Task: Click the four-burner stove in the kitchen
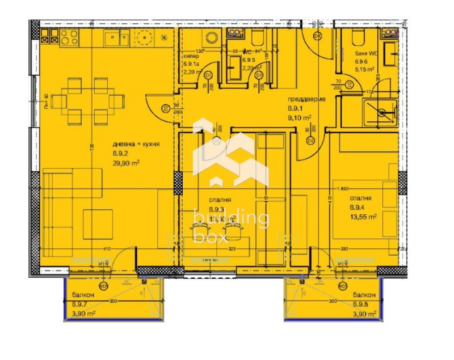[x=69, y=37]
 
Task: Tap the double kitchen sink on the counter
[x=116, y=38]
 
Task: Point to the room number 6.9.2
[x=120, y=154]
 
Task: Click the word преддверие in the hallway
[x=306, y=100]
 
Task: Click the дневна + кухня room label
[x=136, y=145]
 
